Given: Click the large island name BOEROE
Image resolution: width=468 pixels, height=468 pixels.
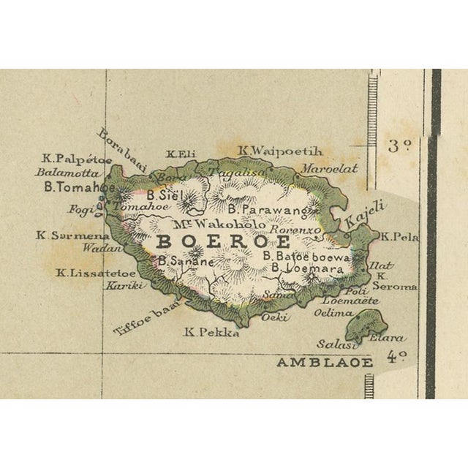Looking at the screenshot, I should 224,241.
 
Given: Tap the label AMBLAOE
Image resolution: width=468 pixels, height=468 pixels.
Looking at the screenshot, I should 324,362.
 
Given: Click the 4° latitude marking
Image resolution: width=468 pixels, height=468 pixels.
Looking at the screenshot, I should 396,357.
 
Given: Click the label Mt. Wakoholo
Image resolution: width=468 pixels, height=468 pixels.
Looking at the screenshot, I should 219,223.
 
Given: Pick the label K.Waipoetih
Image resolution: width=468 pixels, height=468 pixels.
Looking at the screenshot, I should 279,151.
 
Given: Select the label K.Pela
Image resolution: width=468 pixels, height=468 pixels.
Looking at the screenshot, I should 400,237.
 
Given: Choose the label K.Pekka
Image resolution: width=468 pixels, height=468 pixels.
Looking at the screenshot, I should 211,332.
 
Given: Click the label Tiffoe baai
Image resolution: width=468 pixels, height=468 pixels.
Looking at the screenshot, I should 146,320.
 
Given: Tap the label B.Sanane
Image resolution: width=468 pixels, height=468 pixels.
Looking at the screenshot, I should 186,260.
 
